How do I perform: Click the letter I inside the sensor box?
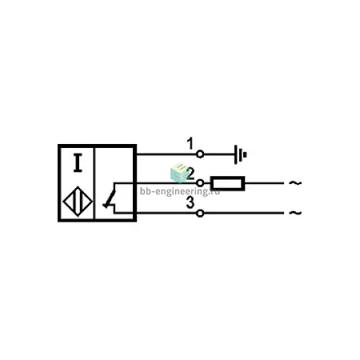coord(78,162)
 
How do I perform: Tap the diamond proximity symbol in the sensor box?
coord(78,202)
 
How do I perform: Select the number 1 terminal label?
coord(190,143)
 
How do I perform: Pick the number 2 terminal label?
coord(190,174)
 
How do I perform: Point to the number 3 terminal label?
coord(190,202)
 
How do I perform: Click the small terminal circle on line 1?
coord(200,154)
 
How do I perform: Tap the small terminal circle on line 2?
coord(200,183)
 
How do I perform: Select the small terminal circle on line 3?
coord(200,213)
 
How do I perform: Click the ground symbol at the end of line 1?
coord(240,154)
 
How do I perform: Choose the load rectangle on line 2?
coord(227,183)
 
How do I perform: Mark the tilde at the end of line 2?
coord(295,183)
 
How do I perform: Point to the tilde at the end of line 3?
coord(295,213)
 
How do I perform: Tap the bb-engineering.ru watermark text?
coord(180,191)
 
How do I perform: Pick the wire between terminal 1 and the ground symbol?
coord(219,154)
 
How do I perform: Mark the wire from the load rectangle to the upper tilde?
coord(264,183)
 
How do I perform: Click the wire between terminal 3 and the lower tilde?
coord(244,213)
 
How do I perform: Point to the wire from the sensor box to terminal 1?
coord(166,154)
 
